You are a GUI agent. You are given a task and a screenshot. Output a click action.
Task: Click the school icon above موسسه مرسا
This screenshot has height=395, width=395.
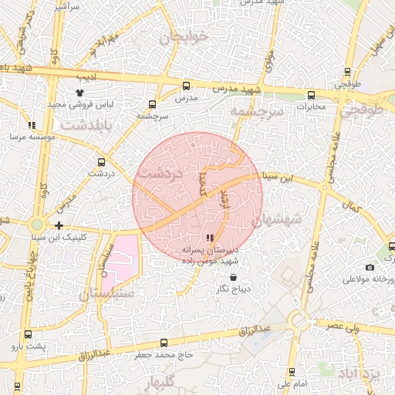tap(32, 125)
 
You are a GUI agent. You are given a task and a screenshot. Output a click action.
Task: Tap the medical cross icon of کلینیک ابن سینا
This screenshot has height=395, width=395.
tap(59, 225)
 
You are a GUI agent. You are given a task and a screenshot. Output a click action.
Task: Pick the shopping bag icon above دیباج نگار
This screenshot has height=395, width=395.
tap(234, 278)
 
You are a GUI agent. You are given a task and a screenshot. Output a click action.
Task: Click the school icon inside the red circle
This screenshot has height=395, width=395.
tap(210, 238)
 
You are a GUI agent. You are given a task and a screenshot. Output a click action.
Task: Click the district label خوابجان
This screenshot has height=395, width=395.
tap(184, 37)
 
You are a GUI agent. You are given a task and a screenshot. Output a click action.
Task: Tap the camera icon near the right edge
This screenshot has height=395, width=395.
tap(370, 267)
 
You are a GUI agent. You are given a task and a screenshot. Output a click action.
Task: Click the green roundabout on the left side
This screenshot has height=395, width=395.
tap(36, 225)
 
